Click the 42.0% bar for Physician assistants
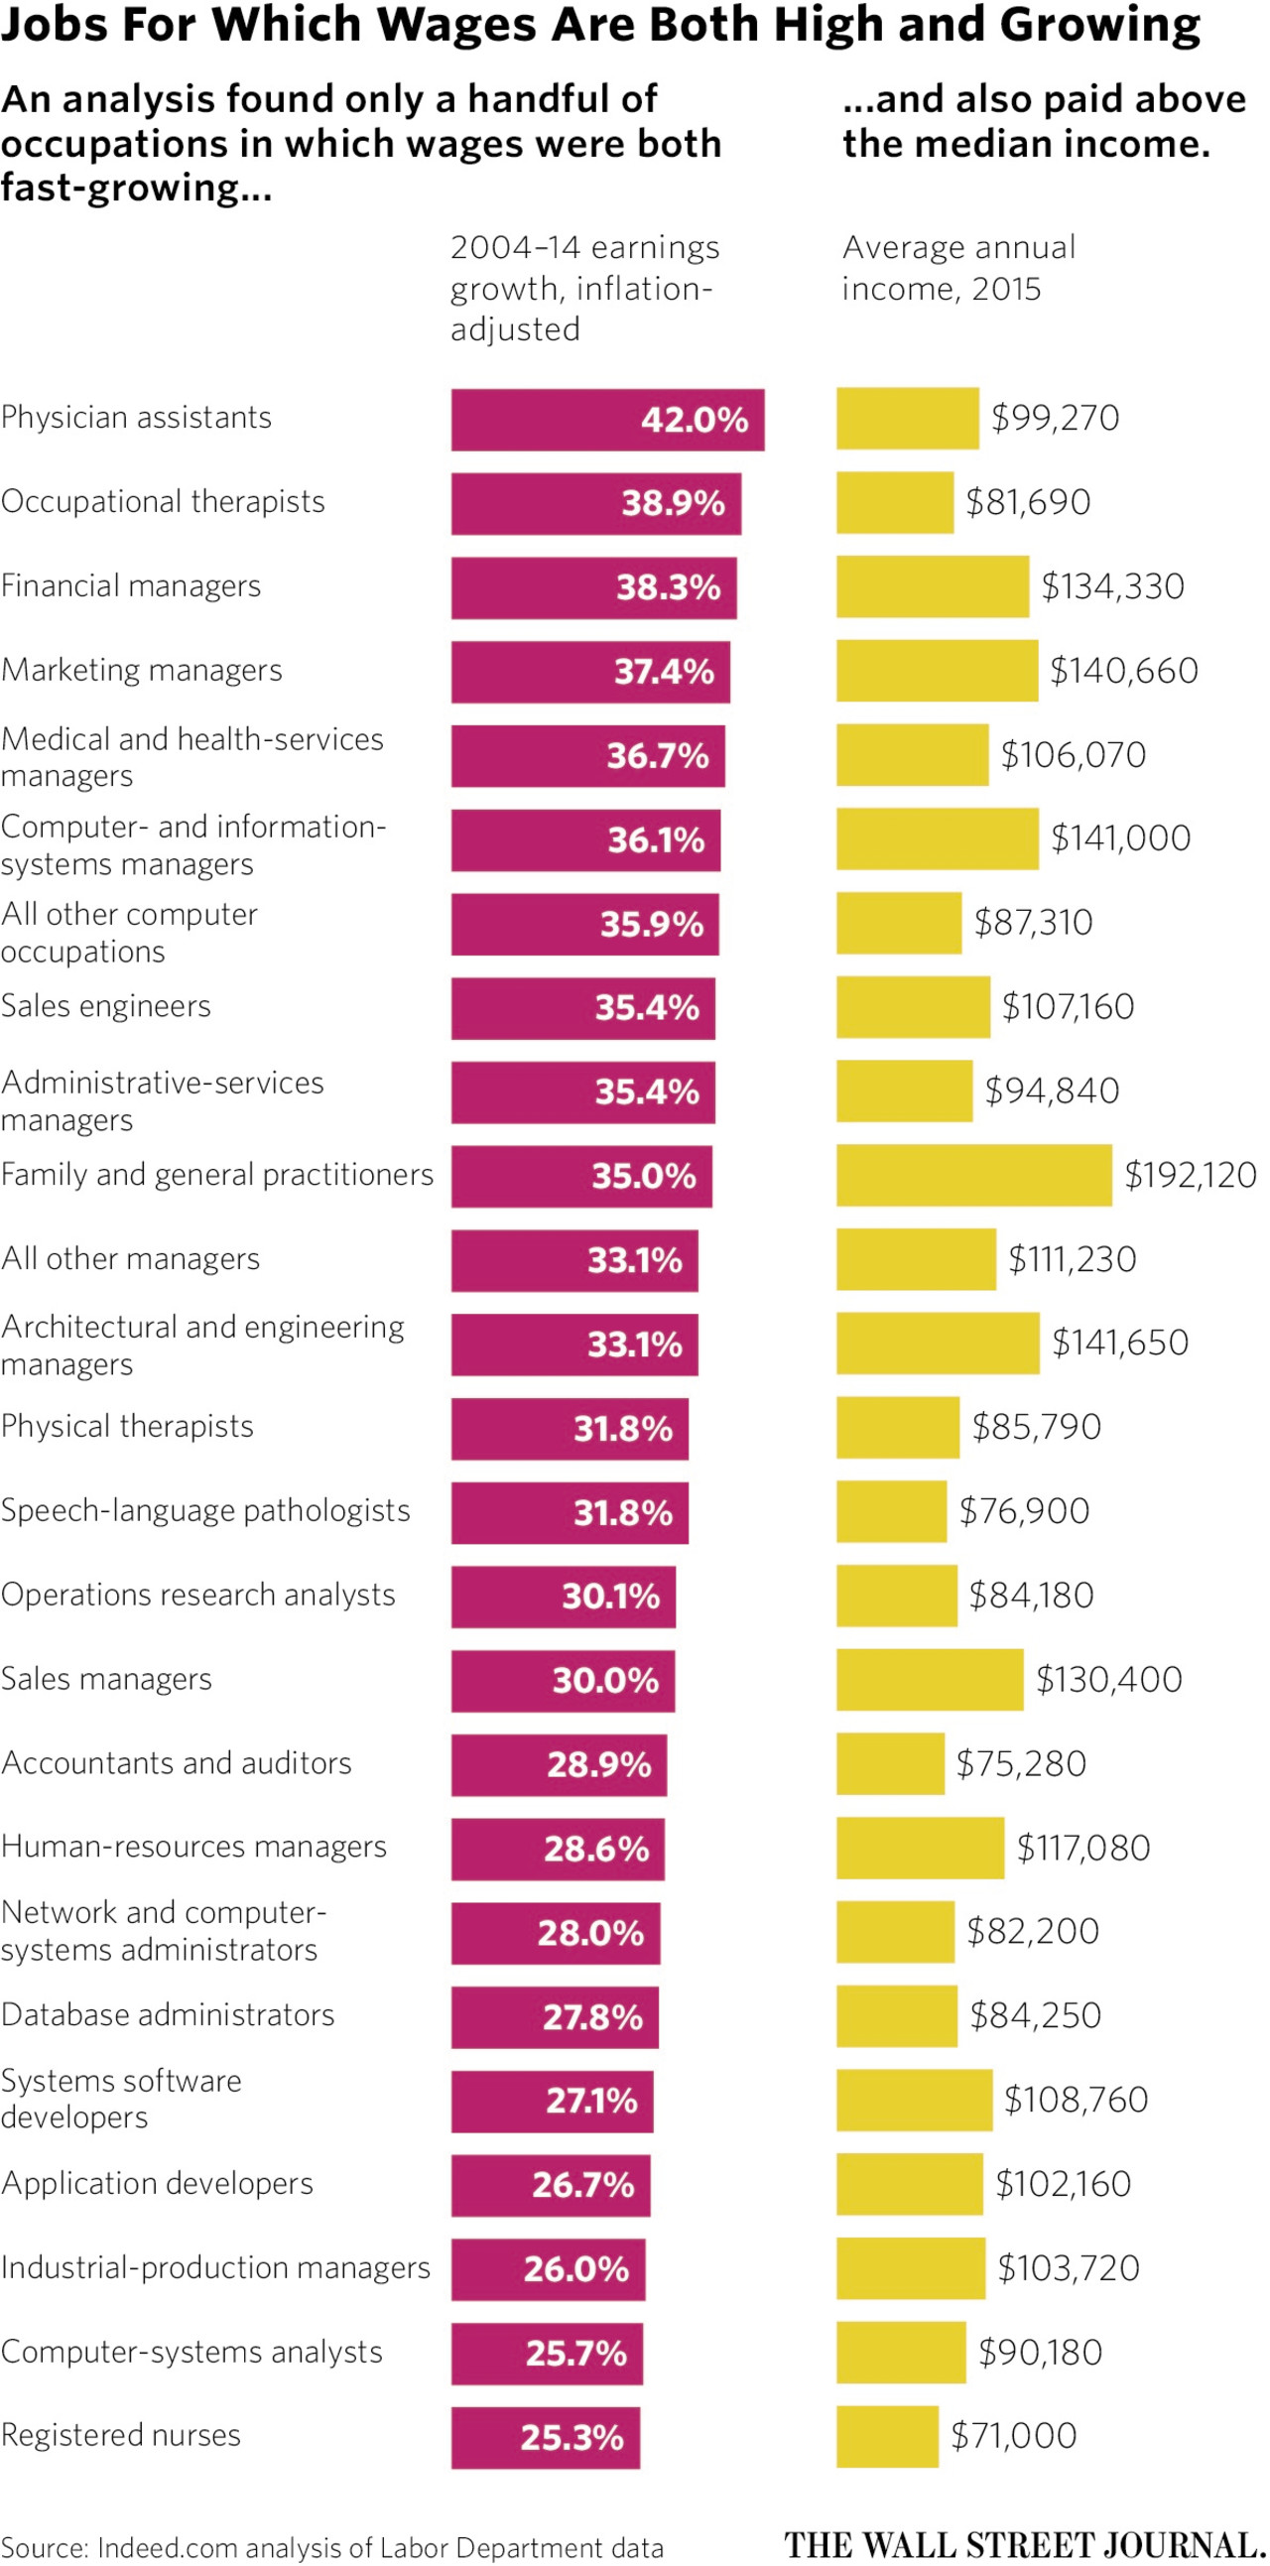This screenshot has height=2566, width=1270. pos(606,420)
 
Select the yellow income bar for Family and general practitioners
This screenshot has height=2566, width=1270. pos(973,1176)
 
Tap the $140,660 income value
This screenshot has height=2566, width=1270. pos(1123,671)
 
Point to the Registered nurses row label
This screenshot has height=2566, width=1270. pos(120,2434)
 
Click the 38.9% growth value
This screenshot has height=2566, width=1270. pos(674,503)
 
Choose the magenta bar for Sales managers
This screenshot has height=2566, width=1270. pos(563,1681)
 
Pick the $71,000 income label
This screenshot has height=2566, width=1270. pos(1013,2435)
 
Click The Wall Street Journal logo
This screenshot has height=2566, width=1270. pos(1025,2545)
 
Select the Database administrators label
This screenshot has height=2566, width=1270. pos(168,2014)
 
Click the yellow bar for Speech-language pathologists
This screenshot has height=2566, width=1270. pos(891,1512)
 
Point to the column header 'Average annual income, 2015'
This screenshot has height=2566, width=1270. pos(958,268)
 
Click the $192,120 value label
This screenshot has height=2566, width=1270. pos(1190,1176)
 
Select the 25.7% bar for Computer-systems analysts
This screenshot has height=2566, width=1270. pos(546,2353)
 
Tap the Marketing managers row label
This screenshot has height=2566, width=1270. pos(142,671)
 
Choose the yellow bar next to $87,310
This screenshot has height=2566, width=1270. pos(899,924)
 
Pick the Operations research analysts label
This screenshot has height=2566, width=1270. pos(198,1595)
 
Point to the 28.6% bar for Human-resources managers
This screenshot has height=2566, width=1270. pos(557,1849)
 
